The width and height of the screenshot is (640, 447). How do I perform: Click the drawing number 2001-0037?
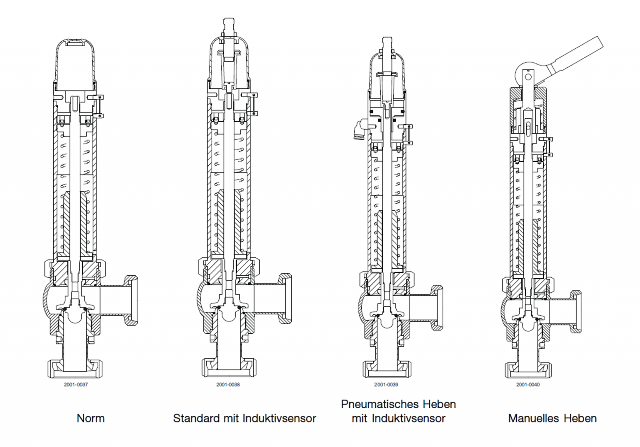(76, 385)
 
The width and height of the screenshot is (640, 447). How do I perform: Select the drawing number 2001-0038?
(228, 385)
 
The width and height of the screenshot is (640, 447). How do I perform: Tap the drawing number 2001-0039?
(386, 385)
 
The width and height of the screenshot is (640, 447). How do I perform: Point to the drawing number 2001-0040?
(528, 385)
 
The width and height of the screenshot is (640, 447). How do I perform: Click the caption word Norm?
(90, 418)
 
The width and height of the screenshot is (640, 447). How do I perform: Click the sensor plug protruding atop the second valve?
(229, 27)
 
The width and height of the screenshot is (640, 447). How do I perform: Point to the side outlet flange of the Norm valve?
(132, 300)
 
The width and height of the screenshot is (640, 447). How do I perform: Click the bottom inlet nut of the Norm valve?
(75, 369)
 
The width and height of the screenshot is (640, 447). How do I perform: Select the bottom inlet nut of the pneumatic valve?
(386, 369)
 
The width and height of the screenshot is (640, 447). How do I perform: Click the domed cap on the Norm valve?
(75, 62)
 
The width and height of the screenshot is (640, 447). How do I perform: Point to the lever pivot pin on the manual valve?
(528, 77)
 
